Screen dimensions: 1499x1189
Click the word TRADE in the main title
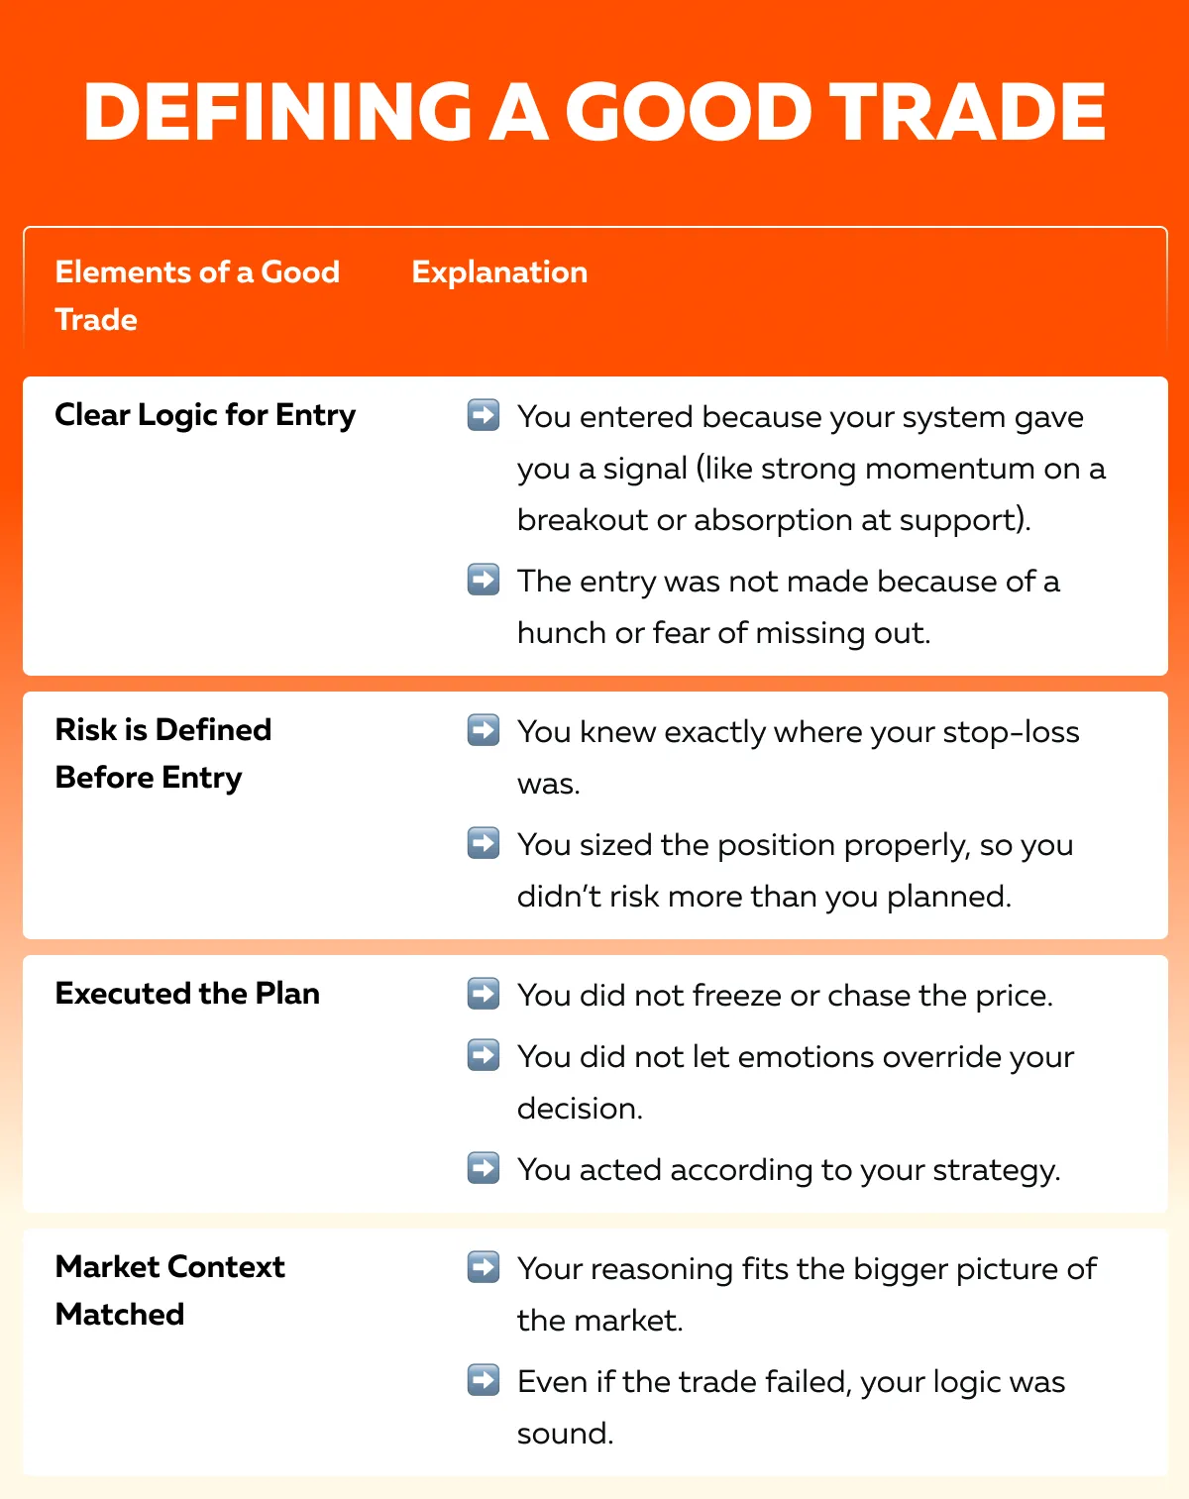[967, 111]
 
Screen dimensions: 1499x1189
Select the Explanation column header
[499, 272]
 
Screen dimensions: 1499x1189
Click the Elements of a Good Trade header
[197, 295]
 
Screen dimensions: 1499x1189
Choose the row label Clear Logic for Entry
[205, 415]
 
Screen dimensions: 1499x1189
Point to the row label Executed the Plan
[187, 994]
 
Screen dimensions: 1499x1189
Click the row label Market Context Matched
[169, 1290]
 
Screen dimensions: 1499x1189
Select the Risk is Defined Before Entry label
[163, 753]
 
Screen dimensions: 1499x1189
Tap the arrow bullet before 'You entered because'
[484, 416]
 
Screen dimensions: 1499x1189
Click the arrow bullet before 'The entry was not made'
[484, 580]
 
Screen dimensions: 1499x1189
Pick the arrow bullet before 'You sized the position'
[484, 844]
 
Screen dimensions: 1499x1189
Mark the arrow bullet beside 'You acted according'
[484, 1169]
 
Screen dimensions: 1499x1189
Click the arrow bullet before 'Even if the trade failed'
[484, 1380]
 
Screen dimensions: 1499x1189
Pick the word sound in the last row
[564, 1434]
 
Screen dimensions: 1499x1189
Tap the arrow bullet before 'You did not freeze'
[484, 995]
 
